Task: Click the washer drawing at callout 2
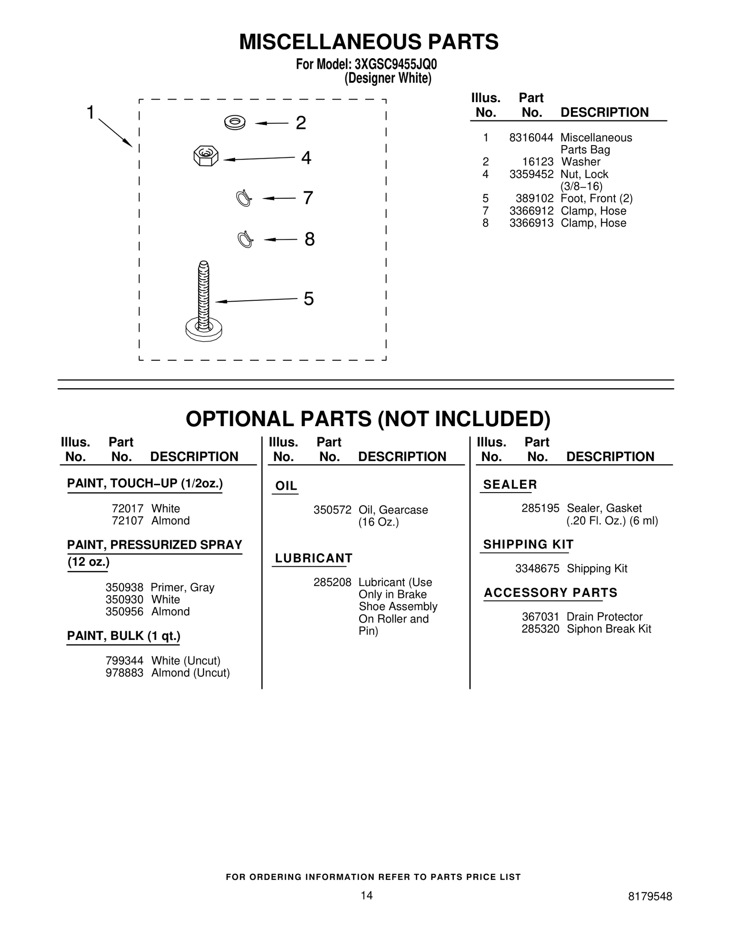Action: click(235, 122)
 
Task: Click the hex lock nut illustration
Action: click(206, 156)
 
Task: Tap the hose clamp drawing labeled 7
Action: click(243, 198)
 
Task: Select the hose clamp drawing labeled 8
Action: click(245, 239)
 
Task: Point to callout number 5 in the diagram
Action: click(309, 299)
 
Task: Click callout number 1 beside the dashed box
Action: click(91, 112)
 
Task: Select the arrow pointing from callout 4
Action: click(258, 158)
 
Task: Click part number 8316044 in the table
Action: click(531, 137)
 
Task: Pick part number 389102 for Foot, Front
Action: click(534, 198)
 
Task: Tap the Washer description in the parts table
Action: click(581, 162)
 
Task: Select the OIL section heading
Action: click(286, 486)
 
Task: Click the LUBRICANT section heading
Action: click(314, 558)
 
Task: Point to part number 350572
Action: click(332, 510)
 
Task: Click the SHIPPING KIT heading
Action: click(528, 544)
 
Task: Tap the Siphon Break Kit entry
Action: click(608, 628)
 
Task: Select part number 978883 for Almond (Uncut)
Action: click(124, 672)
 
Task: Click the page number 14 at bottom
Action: click(366, 895)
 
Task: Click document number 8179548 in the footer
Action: click(650, 896)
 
